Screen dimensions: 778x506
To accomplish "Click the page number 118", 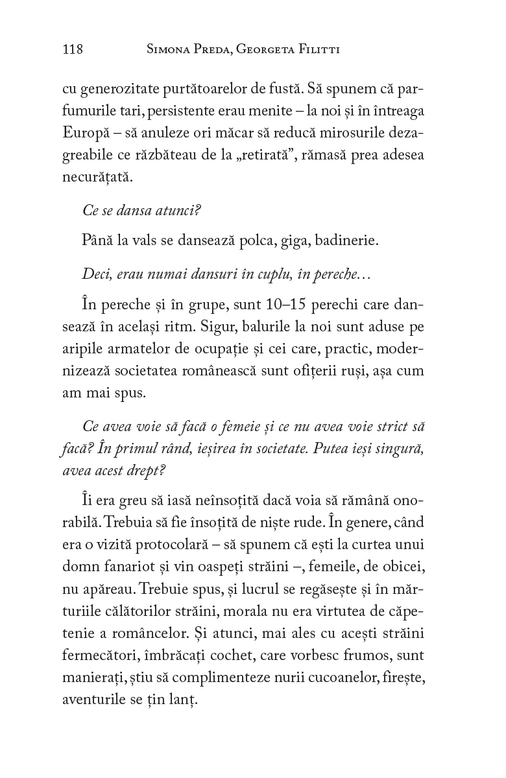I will point(72,50).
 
